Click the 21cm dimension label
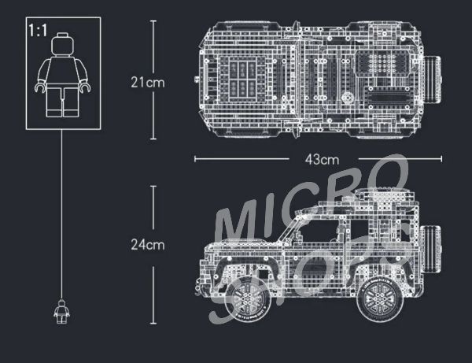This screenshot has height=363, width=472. point(148,82)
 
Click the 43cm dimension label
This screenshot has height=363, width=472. point(322,159)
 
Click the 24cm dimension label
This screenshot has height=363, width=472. point(148,245)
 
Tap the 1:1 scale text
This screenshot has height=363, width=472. point(38,31)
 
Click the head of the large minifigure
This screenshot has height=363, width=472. point(63,44)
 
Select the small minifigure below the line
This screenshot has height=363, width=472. point(61,312)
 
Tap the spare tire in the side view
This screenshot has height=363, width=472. point(431,249)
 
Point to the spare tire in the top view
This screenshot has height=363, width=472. point(433,80)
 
